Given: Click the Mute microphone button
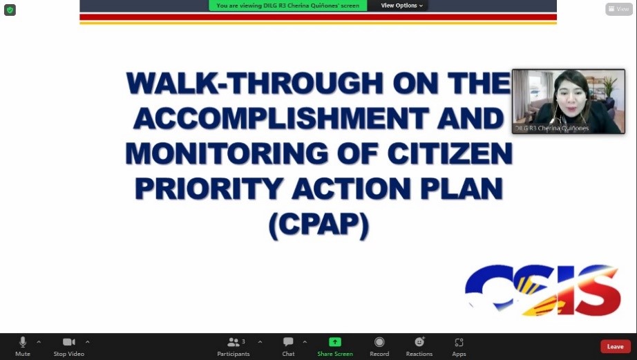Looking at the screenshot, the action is pyautogui.click(x=23, y=347).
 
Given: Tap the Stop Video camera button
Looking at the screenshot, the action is pyautogui.click(x=69, y=347).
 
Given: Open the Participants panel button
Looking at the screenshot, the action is pyautogui.click(x=234, y=347).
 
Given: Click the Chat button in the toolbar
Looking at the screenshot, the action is pyautogui.click(x=288, y=347).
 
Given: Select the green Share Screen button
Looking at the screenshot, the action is pyautogui.click(x=335, y=347).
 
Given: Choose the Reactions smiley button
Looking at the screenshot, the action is pyautogui.click(x=419, y=347).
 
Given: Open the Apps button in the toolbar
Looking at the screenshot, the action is pyautogui.click(x=459, y=347).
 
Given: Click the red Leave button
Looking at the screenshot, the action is pyautogui.click(x=616, y=347).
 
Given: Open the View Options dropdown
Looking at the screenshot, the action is pyautogui.click(x=402, y=6).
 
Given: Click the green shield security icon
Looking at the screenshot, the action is pyautogui.click(x=10, y=10).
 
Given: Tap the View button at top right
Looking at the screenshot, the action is pyautogui.click(x=619, y=9).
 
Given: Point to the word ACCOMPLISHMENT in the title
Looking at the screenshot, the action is pyautogui.click(x=281, y=118).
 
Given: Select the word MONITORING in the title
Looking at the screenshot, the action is pyautogui.click(x=227, y=153).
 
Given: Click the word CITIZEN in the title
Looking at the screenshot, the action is pyautogui.click(x=450, y=153).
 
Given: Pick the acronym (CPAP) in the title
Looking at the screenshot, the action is pyautogui.click(x=319, y=225).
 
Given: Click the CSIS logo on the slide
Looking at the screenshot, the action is pyautogui.click(x=543, y=290).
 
